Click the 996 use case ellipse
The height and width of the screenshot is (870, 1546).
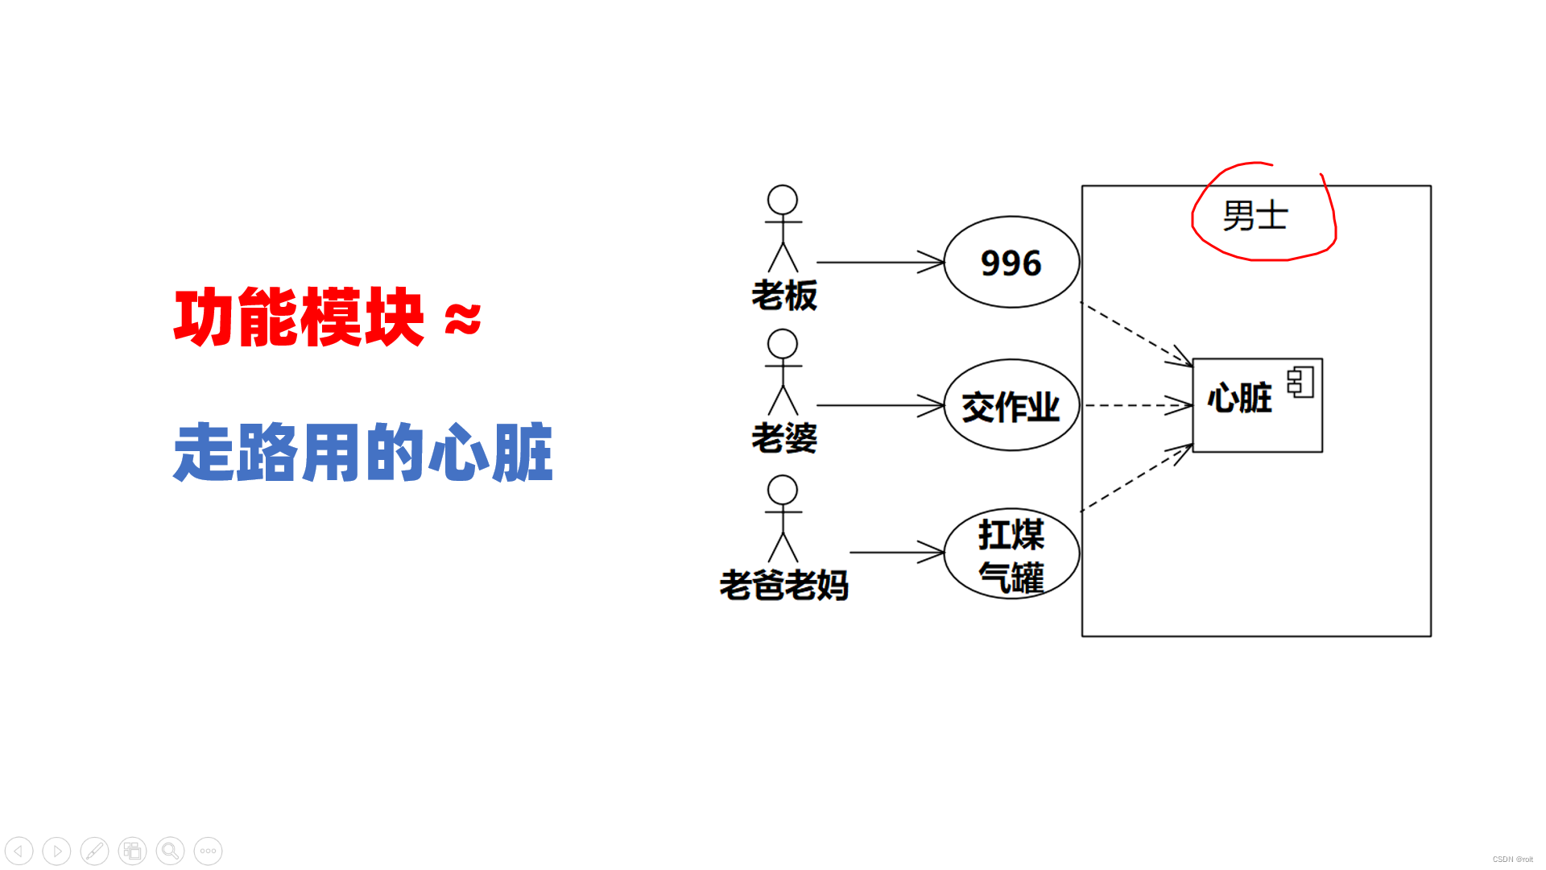click(x=1011, y=263)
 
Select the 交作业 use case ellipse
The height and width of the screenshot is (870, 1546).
click(x=1011, y=405)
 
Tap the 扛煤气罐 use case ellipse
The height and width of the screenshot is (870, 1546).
click(x=1011, y=554)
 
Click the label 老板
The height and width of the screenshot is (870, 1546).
click(x=784, y=296)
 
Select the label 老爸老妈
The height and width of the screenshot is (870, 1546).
click(x=784, y=586)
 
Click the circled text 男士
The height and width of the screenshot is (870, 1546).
click(x=1255, y=216)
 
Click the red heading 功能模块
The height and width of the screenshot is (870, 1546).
click(x=299, y=317)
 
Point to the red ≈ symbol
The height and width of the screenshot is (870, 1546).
click(x=463, y=319)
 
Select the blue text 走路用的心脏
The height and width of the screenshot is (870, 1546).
click(x=363, y=453)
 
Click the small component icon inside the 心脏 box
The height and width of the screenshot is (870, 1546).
click(x=1300, y=382)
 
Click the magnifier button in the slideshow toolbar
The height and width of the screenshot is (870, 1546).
click(x=170, y=851)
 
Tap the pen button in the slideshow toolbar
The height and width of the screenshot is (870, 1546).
click(x=94, y=851)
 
